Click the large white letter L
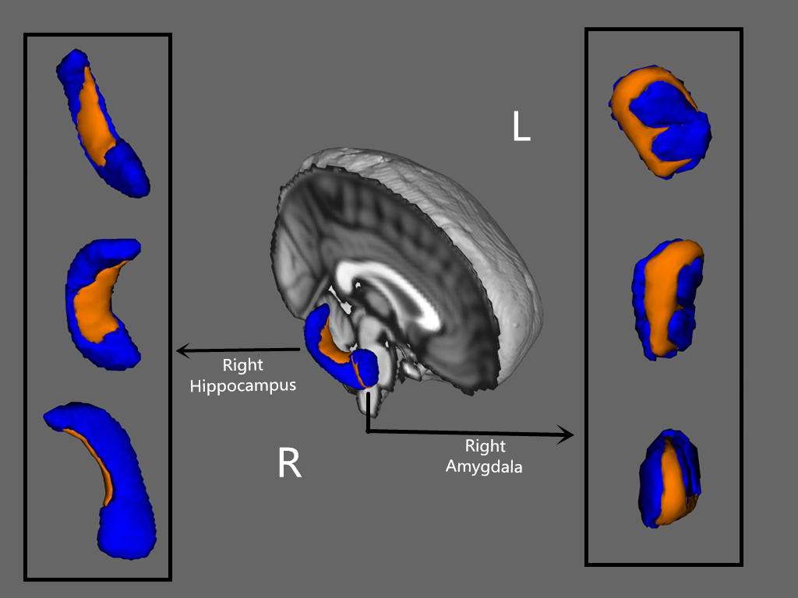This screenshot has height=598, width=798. [521, 126]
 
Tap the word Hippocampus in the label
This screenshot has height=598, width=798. [243, 385]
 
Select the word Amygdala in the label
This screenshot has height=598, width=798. [485, 467]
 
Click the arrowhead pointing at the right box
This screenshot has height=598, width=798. [567, 434]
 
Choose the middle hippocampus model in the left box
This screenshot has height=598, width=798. [101, 304]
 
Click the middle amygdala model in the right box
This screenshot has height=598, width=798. [668, 299]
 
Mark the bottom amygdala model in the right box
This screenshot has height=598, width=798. [669, 477]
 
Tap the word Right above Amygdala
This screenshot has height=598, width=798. [485, 446]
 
